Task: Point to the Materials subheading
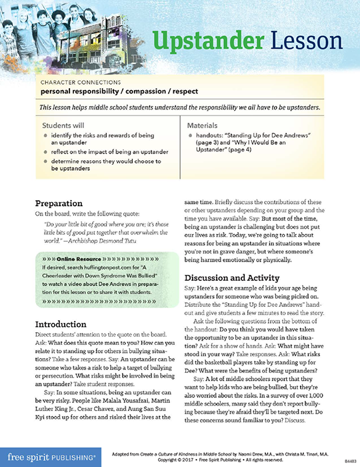coord(205,125)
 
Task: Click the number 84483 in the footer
coord(349,460)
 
